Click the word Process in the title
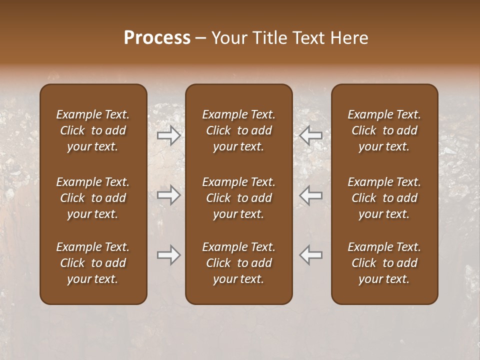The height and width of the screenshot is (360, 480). click(157, 38)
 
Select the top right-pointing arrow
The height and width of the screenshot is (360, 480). click(169, 135)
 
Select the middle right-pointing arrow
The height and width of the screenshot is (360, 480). click(169, 195)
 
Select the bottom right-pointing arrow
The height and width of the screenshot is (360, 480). click(169, 255)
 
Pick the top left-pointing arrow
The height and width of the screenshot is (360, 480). click(311, 135)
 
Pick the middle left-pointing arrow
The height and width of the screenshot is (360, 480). click(311, 195)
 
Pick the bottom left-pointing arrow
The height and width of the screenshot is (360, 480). click(311, 255)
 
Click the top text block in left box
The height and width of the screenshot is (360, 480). click(93, 130)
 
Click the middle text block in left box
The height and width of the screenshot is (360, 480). click(93, 198)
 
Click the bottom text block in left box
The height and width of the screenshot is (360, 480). click(93, 263)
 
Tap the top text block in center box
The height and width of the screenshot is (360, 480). click(239, 130)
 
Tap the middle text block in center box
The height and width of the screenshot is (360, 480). click(239, 198)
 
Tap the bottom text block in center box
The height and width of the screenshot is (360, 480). click(239, 263)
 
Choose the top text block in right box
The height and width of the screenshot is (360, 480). click(384, 130)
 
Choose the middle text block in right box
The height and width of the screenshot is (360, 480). click(384, 198)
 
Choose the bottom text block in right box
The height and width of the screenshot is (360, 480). click(384, 263)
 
